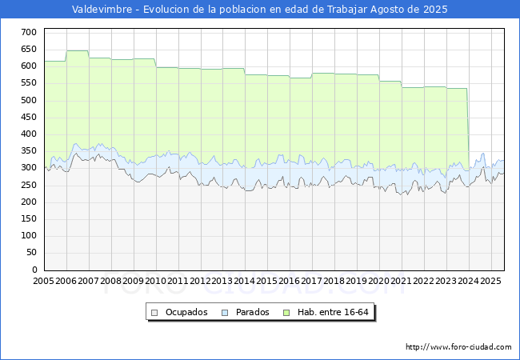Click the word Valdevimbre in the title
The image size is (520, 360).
click(x=102, y=10)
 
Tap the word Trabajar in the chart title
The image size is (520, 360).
click(x=347, y=10)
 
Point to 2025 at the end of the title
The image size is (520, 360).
click(x=435, y=10)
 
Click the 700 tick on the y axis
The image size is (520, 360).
click(x=29, y=32)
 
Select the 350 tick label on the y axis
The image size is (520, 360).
click(x=29, y=151)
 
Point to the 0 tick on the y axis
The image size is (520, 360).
click(x=34, y=270)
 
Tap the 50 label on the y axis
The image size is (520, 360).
click(x=31, y=253)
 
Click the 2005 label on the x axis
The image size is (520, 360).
click(x=43, y=281)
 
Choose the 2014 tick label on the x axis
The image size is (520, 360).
click(x=245, y=281)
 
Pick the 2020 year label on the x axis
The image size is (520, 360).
click(x=378, y=281)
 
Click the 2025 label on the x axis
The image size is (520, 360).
click(x=490, y=281)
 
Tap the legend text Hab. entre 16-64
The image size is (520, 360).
click(x=333, y=312)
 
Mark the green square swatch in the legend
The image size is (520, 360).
click(x=286, y=313)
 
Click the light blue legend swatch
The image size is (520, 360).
click(x=225, y=313)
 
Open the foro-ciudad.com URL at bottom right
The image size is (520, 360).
click(x=458, y=347)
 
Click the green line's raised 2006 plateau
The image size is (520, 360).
click(x=78, y=50)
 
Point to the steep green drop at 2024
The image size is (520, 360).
click(x=468, y=130)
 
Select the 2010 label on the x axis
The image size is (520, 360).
click(x=155, y=281)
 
